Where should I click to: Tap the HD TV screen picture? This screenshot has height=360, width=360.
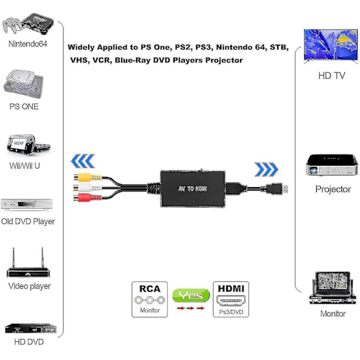(331, 45)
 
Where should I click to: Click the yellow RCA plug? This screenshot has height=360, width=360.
(80, 177)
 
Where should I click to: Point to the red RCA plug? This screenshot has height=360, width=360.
(80, 198)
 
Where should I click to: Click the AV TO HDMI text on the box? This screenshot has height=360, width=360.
(193, 188)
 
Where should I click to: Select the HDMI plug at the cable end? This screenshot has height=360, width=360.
(279, 190)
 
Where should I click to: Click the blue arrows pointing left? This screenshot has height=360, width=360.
(82, 161)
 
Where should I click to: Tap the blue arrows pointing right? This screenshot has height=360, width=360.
(266, 170)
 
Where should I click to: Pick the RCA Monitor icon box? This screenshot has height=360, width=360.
(149, 299)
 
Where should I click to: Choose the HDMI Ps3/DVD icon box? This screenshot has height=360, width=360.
(231, 299)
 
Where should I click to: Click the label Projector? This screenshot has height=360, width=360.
(333, 190)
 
